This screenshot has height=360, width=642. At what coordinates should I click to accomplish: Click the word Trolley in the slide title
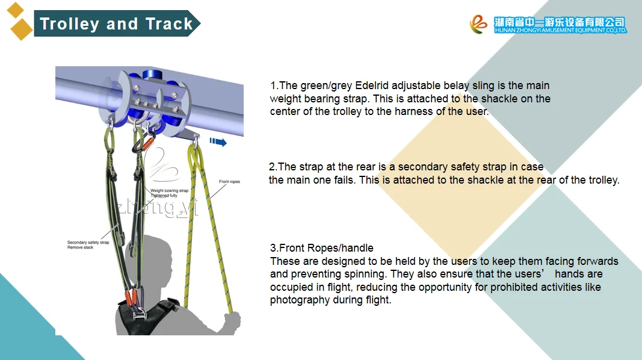[70, 23]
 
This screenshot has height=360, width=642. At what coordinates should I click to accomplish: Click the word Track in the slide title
[169, 23]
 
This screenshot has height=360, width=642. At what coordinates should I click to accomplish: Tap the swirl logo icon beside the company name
[478, 24]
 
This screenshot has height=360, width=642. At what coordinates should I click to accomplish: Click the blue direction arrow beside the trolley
[218, 142]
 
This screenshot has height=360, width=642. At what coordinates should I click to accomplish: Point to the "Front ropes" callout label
[229, 181]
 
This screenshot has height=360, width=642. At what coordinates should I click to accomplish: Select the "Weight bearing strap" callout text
[170, 190]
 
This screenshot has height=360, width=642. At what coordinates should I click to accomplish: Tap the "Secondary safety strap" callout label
[88, 243]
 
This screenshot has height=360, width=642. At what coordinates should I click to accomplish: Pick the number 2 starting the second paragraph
[272, 167]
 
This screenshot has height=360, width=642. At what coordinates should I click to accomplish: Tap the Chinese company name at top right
[560, 22]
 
